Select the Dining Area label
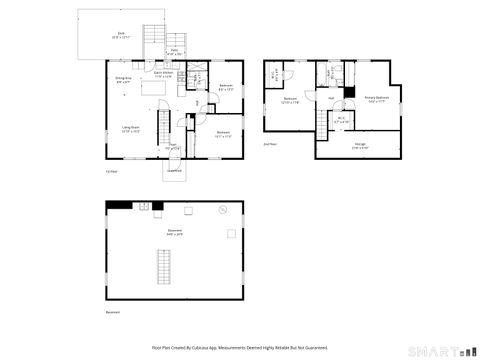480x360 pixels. click(123, 80)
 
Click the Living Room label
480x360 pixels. click(131, 129)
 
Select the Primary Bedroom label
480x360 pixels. click(377, 98)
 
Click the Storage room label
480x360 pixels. click(359, 146)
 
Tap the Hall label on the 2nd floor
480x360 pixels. click(331, 98)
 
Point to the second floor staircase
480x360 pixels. click(323, 121)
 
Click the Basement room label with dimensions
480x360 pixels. click(174, 233)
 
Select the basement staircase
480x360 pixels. click(165, 266)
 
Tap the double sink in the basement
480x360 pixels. click(144, 206)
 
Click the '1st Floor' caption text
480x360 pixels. click(112, 172)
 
